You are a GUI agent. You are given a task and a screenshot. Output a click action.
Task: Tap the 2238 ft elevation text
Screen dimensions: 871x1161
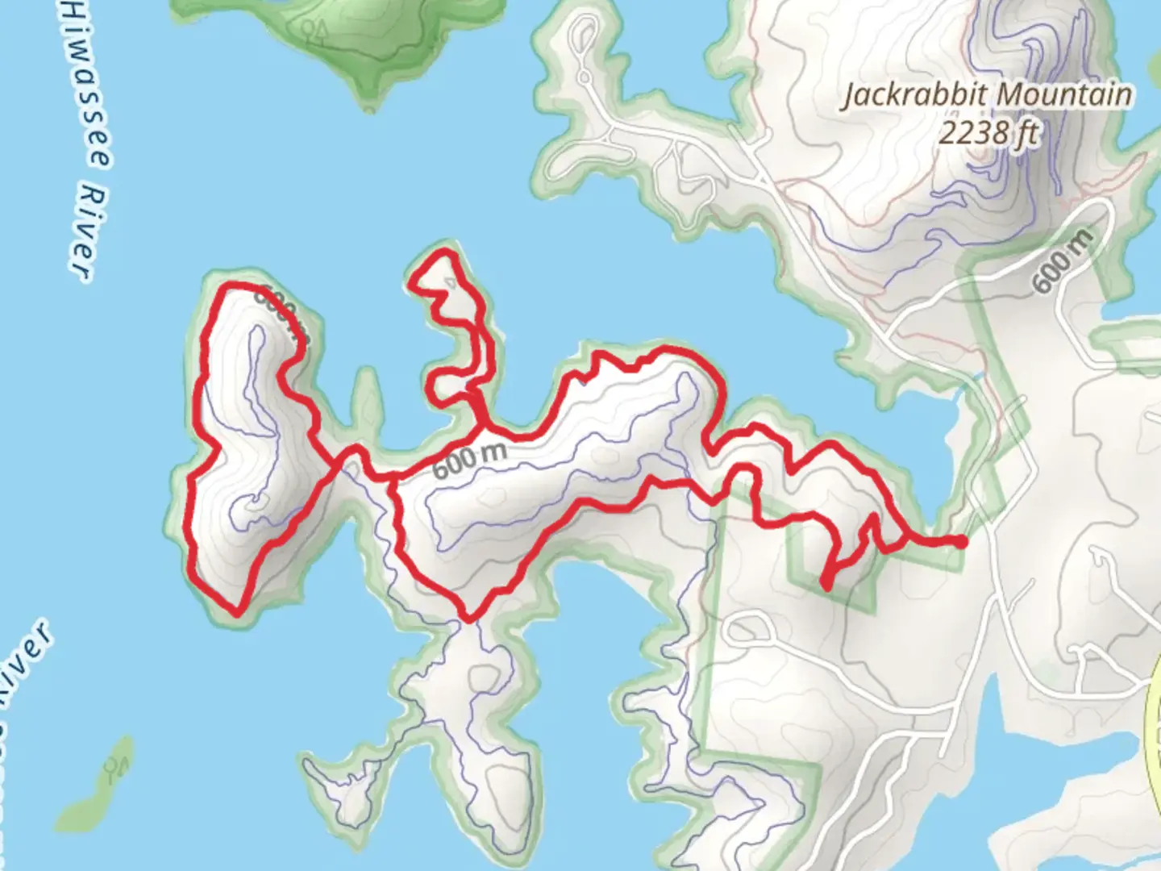tap(988, 132)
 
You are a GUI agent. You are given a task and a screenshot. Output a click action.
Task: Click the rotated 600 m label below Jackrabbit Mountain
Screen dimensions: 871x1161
tap(1063, 260)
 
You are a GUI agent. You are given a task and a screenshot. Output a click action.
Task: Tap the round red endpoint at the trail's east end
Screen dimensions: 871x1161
tap(961, 542)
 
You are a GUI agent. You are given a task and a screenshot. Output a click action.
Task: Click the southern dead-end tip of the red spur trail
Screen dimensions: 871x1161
tap(826, 585)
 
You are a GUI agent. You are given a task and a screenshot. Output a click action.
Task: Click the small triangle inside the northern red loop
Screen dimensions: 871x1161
tap(452, 283)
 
